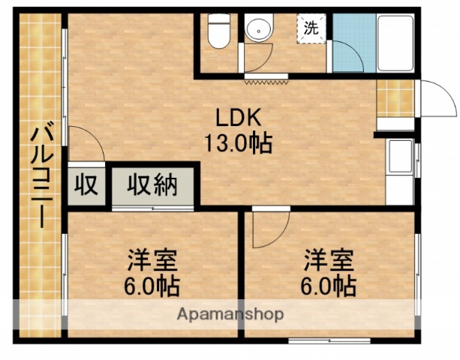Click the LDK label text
coord(238,118)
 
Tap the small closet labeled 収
coord(87,184)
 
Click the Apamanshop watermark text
coord(230,314)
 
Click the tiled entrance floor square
coord(395,97)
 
